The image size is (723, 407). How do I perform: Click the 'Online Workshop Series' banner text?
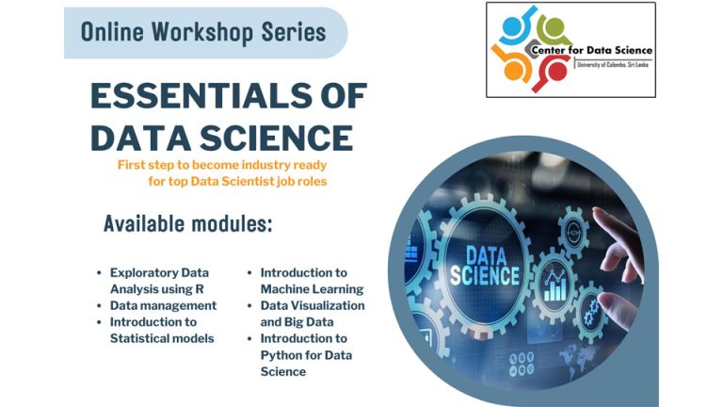(203, 32)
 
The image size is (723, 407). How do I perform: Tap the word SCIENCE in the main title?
(277, 138)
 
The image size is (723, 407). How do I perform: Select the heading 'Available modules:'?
(187, 224)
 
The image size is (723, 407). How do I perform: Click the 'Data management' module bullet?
(163, 305)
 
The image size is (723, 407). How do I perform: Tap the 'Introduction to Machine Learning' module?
(312, 281)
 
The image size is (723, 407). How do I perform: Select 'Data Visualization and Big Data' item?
(313, 314)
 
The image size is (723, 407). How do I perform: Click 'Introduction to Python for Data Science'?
(306, 355)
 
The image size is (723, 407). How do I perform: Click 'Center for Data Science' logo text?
(591, 50)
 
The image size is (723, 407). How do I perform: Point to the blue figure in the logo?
(517, 26)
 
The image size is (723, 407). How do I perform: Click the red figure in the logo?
(554, 73)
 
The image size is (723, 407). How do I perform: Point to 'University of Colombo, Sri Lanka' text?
(613, 65)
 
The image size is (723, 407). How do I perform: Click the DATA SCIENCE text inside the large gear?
(485, 266)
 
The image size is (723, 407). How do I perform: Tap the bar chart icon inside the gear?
(555, 286)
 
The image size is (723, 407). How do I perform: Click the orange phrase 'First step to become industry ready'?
(222, 165)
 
